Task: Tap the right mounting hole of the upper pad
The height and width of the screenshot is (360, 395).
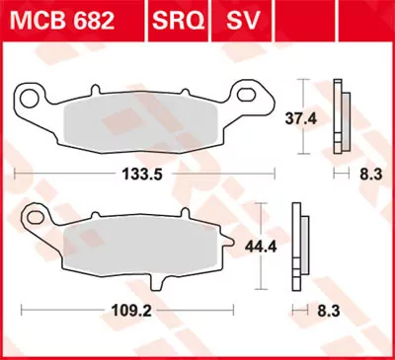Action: click(257, 97)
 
